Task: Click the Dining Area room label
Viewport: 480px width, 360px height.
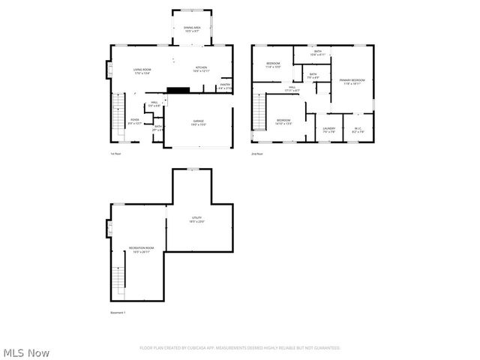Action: point(192,29)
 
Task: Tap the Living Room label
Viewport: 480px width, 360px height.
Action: point(142,71)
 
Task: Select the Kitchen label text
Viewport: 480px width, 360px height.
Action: point(202,69)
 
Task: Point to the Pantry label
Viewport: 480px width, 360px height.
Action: point(224,86)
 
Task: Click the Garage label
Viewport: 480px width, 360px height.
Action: point(199,123)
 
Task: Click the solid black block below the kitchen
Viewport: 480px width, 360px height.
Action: point(178,90)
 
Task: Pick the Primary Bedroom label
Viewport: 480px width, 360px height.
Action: point(352,81)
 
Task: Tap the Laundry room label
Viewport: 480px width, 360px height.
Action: point(328,130)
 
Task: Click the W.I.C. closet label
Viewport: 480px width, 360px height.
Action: point(358,130)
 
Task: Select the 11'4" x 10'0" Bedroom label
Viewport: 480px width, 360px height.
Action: point(273,65)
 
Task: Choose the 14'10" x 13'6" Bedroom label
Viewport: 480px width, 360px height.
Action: point(283,122)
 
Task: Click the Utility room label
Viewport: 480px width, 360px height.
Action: point(196,220)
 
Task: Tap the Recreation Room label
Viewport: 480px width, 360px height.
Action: point(140,250)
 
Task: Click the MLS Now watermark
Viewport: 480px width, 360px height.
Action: point(27,352)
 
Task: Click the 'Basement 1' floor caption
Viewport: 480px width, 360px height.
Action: point(118,312)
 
